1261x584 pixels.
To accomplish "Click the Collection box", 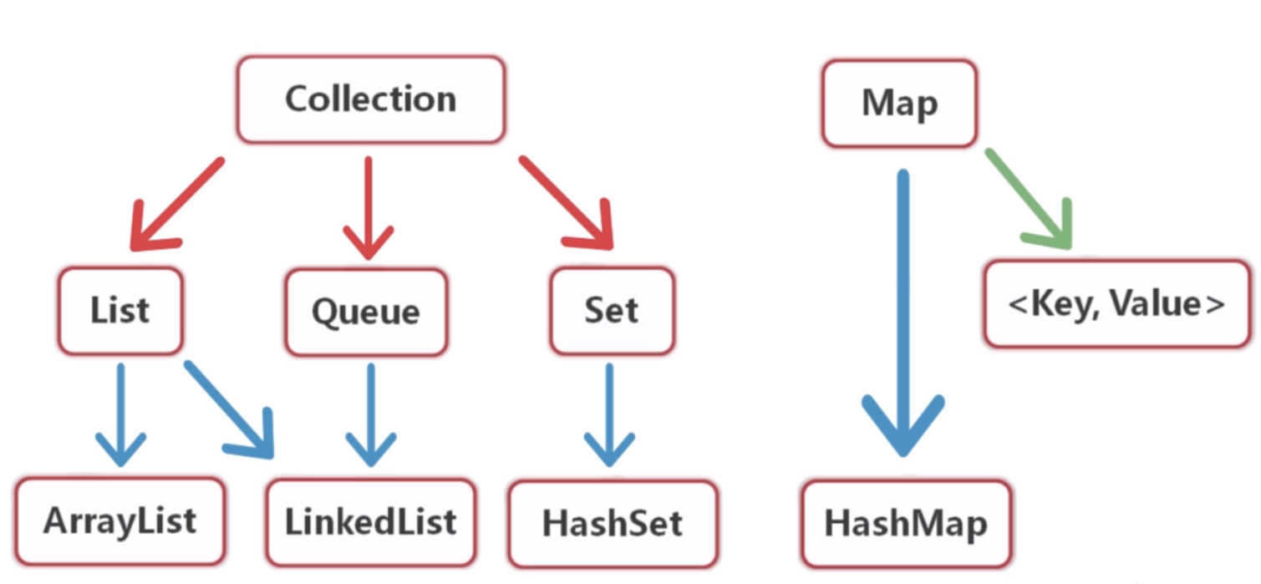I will (370, 99).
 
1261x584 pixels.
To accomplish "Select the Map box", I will (899, 104).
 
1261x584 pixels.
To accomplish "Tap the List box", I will (120, 311).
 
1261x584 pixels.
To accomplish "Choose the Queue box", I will (366, 312).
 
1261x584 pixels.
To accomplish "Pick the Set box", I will (612, 311).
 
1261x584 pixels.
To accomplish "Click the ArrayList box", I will (120, 521).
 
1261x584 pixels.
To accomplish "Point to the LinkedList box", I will (370, 522).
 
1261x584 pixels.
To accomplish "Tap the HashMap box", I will (906, 524).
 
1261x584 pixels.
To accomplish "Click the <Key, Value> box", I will (1117, 303).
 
